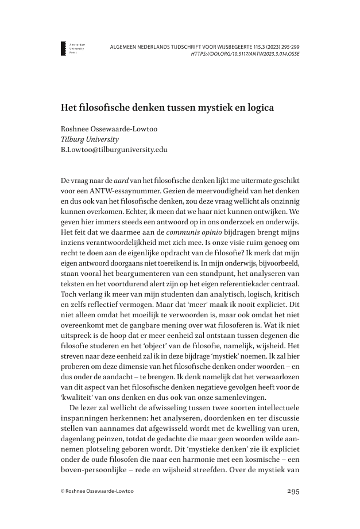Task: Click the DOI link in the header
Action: click(x=245, y=54)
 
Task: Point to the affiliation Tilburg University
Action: click(x=90, y=139)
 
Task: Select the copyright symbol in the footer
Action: click(x=63, y=492)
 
